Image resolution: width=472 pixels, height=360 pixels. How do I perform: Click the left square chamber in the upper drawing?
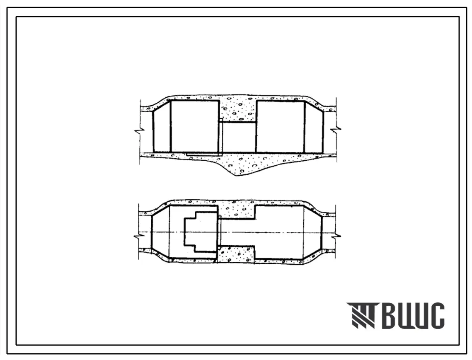click(x=194, y=126)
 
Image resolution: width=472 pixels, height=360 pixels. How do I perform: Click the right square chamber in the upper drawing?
click(x=280, y=127)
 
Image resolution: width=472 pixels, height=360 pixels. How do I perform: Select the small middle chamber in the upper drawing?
click(x=239, y=137)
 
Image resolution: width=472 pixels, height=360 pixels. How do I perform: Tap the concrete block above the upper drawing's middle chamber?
click(x=237, y=110)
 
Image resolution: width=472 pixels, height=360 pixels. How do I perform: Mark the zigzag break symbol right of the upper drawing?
click(x=336, y=130)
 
